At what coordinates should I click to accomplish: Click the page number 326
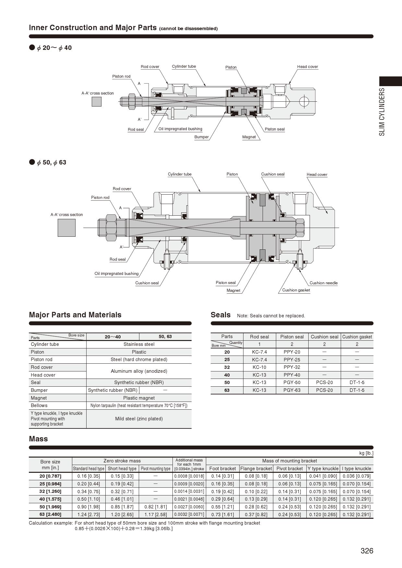[x=367, y=551]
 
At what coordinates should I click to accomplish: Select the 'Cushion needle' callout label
[x=323, y=283]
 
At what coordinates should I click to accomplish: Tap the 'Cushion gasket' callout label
[x=296, y=290]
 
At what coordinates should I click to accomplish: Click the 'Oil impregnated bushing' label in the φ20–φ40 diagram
[x=180, y=129]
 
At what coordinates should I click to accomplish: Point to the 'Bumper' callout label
[x=201, y=137]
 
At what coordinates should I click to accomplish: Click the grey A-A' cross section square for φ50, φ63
[x=66, y=228]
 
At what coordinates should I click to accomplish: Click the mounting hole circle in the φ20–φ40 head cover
[x=304, y=101]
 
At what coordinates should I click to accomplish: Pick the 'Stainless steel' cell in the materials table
[x=139, y=344]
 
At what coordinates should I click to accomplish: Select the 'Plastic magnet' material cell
[x=139, y=398]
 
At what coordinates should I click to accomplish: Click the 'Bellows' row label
[x=39, y=405]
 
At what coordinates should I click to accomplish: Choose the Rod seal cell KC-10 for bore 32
[x=259, y=367]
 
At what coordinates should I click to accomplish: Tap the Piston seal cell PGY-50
[x=292, y=382]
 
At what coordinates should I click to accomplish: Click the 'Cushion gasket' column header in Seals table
[x=357, y=337]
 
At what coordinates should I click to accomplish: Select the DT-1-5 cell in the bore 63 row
[x=357, y=390]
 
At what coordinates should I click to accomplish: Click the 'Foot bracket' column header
[x=222, y=469]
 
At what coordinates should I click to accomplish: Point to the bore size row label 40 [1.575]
[x=50, y=499]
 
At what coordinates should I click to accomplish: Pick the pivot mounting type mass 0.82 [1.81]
[x=156, y=507]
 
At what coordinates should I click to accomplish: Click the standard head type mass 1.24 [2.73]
[x=89, y=515]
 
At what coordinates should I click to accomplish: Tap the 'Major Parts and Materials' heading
[x=75, y=315]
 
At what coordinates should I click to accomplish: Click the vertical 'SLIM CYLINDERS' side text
[x=382, y=112]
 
